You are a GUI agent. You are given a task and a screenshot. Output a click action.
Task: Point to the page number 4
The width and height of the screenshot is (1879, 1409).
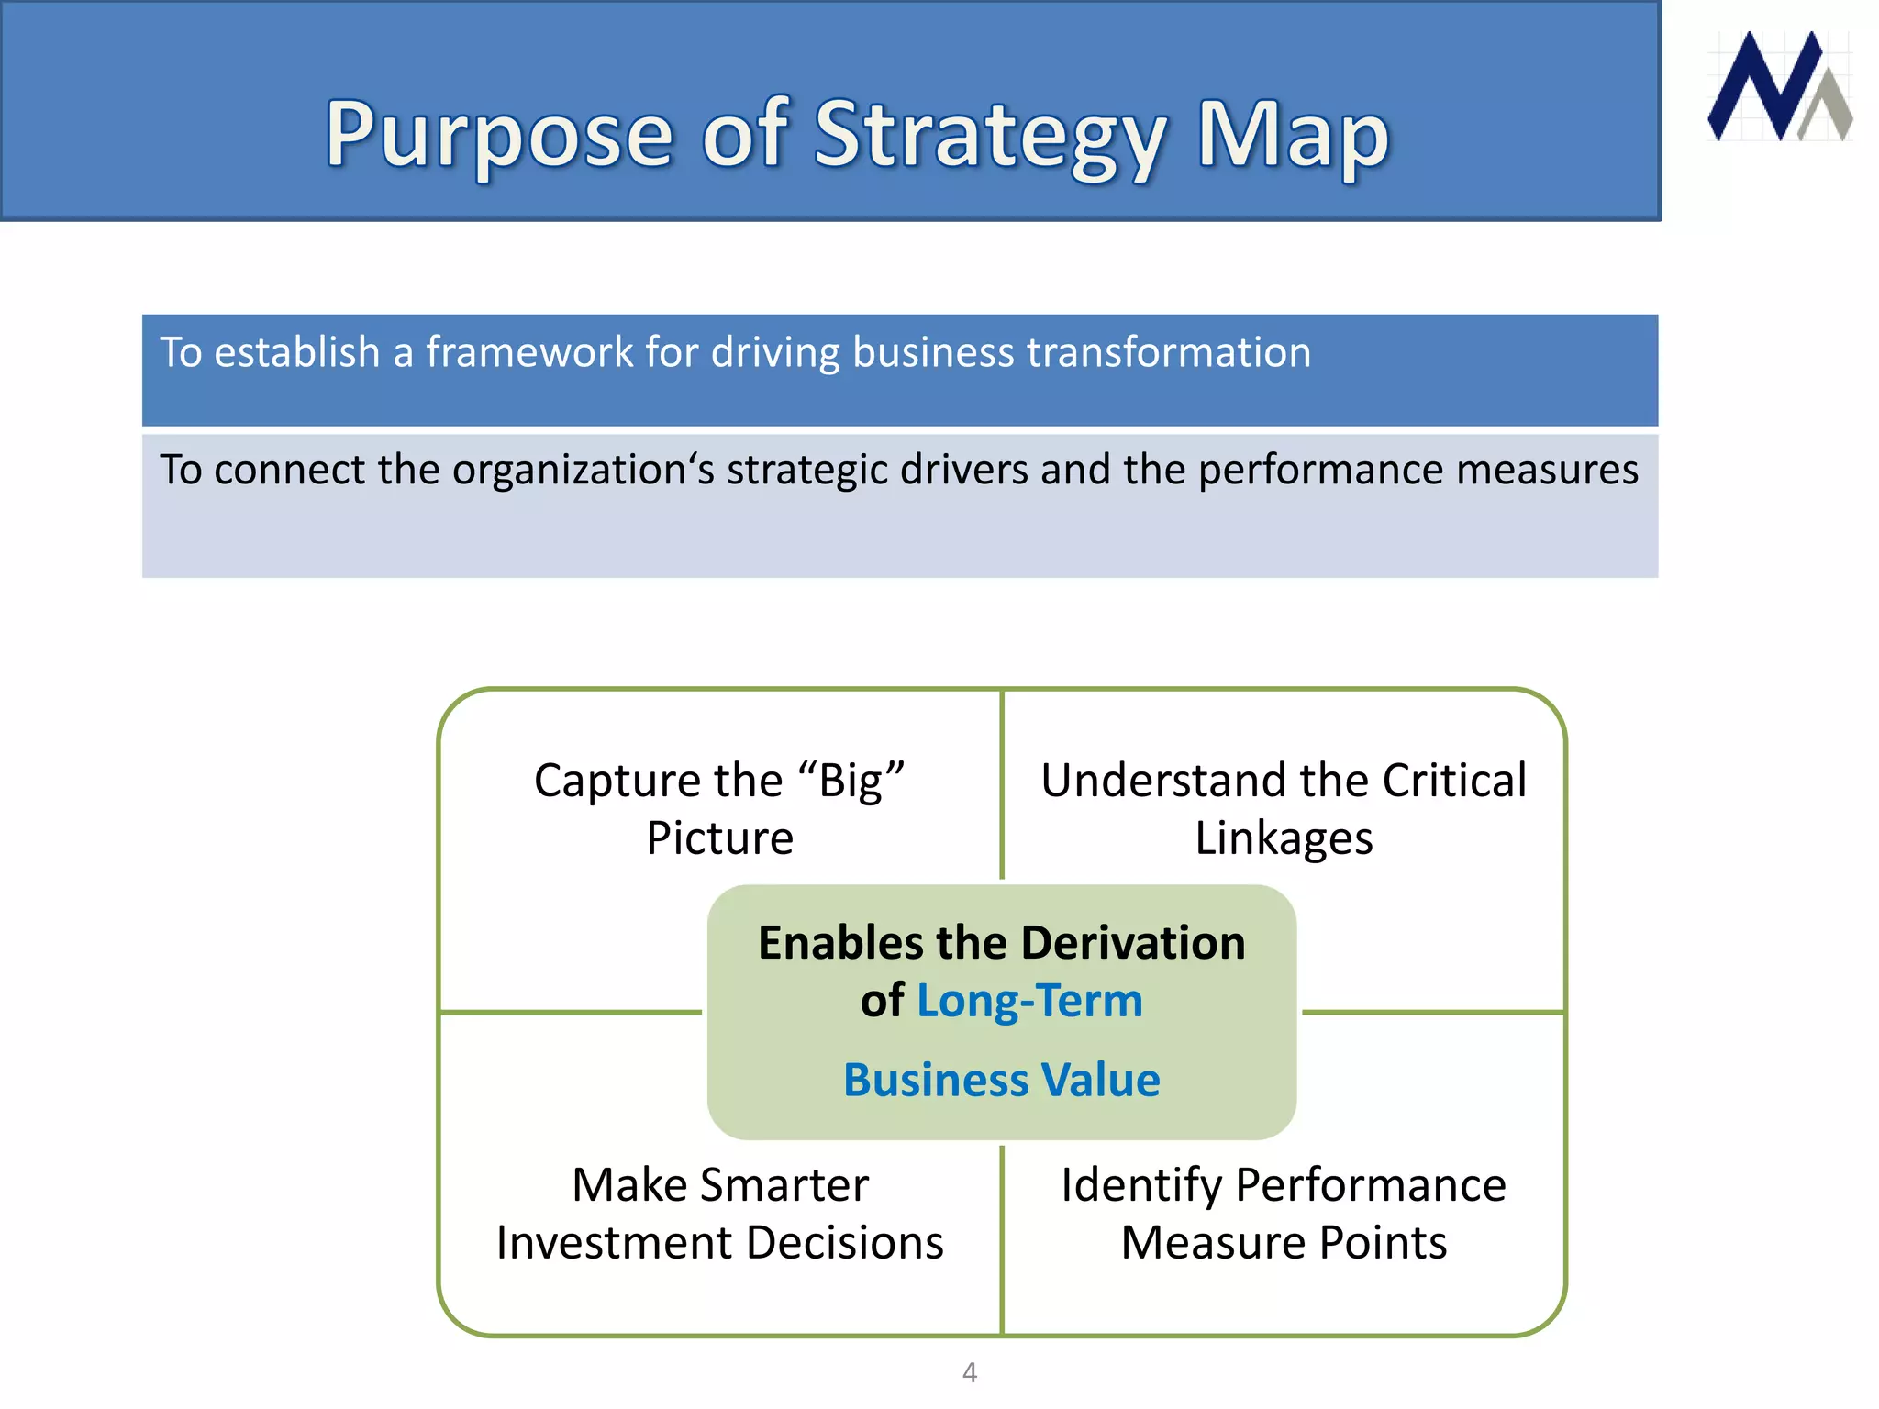[970, 1372]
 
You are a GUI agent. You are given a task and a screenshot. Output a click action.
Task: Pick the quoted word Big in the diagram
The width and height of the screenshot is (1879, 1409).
[851, 782]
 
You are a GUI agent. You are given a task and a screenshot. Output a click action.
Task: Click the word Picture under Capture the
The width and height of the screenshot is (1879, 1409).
[720, 838]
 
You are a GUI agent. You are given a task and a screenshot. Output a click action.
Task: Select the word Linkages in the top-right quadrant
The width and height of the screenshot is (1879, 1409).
[1284, 838]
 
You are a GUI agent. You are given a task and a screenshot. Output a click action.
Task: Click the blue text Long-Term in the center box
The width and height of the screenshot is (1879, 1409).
[1029, 1001]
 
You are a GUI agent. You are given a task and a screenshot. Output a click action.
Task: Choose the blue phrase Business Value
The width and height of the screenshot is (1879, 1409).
[1002, 1080]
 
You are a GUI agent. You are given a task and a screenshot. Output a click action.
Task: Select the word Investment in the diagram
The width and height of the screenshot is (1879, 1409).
[613, 1244]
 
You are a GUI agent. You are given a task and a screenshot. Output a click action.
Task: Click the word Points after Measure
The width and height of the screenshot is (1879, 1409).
[1383, 1244]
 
